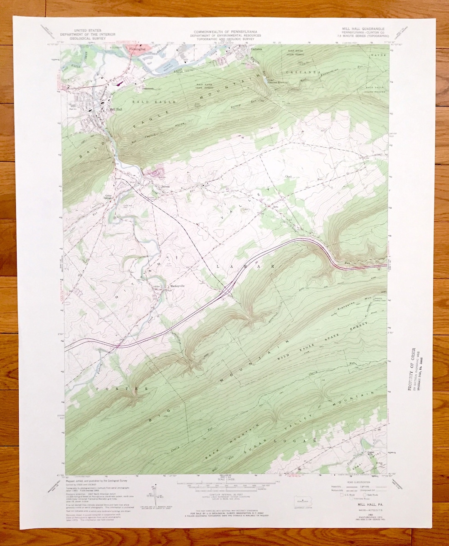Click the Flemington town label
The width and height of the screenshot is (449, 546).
[137, 49]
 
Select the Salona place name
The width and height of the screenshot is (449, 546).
[155, 186]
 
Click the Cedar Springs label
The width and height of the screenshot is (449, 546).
[109, 197]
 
